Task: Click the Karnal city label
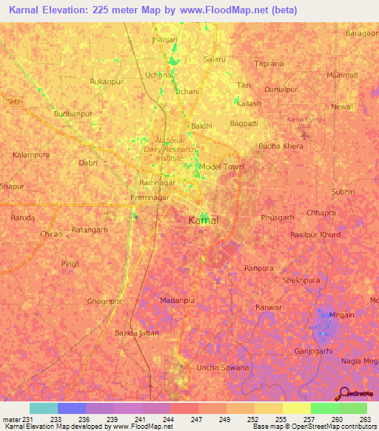pos(203,220)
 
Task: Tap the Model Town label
pos(221,167)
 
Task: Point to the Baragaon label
pos(361,33)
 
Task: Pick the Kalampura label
pos(31,155)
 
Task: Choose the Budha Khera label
pos(281,147)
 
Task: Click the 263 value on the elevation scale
pos(366,419)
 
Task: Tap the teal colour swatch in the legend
pos(43,408)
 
